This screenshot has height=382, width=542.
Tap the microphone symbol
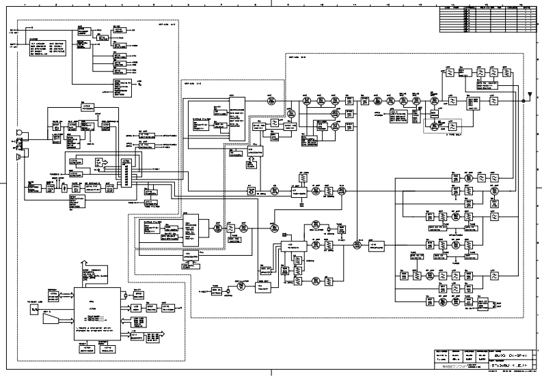19,134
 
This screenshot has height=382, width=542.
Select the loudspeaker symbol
20,158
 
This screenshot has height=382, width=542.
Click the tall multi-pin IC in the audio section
125,172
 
